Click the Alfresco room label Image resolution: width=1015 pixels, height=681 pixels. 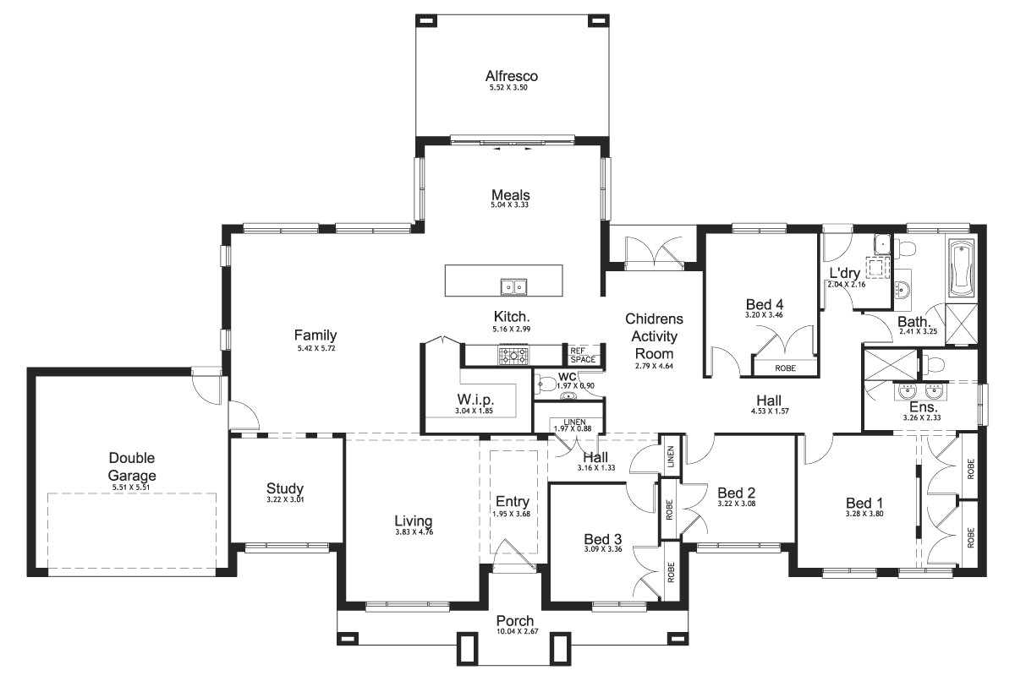[x=511, y=76]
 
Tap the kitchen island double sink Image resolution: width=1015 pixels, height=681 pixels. [x=513, y=287]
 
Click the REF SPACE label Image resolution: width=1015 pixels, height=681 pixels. [x=582, y=355]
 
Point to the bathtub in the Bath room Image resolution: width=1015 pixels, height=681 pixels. [x=962, y=269]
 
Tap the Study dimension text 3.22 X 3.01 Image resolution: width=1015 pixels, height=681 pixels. [x=284, y=501]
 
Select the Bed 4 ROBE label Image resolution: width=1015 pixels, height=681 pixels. [x=784, y=368]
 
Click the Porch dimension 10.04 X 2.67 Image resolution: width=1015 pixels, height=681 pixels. [x=514, y=631]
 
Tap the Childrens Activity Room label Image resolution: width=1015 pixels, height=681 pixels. [x=654, y=336]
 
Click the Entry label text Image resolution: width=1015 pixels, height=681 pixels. [x=512, y=501]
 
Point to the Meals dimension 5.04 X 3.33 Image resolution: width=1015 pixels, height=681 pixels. [x=510, y=205]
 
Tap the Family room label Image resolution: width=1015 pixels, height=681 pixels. [x=315, y=335]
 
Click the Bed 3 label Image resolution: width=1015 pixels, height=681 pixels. [x=603, y=538]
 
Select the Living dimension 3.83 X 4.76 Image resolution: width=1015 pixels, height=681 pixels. [x=413, y=532]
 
